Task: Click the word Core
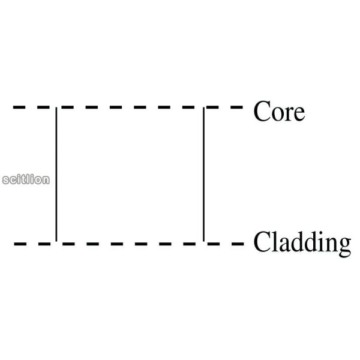(279, 111)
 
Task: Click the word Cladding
(302, 244)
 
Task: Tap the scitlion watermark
(26, 179)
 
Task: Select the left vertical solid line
(56, 174)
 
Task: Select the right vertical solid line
(203, 174)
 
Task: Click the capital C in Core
(262, 112)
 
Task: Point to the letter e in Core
(299, 115)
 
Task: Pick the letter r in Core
(288, 115)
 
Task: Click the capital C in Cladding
(262, 242)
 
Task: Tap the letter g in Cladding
(344, 247)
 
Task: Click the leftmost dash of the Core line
(19, 107)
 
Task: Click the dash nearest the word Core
(237, 107)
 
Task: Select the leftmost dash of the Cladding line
(20, 244)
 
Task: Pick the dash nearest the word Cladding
(238, 244)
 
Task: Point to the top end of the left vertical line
(56, 107)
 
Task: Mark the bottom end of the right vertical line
(203, 241)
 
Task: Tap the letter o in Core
(277, 115)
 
